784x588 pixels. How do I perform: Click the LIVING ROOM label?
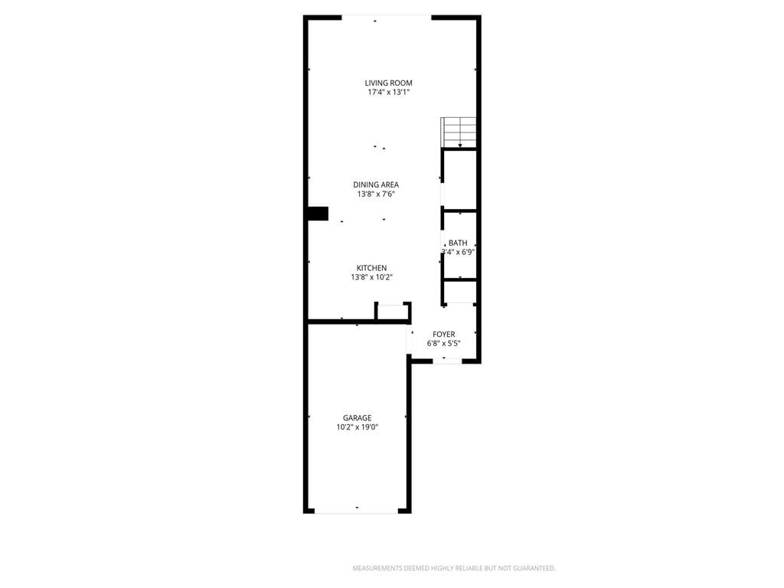388,83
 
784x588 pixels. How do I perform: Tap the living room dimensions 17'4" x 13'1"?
389,92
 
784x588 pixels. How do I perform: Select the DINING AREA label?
376,185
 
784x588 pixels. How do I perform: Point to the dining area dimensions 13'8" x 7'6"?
376,194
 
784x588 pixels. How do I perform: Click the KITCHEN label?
371,268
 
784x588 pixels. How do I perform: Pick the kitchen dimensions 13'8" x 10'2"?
371,277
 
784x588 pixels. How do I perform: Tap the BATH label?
458,243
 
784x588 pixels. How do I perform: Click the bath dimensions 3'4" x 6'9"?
458,252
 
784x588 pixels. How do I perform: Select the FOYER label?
444,335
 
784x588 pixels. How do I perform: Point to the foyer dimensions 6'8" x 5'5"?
443,344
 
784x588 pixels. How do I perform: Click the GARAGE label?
357,418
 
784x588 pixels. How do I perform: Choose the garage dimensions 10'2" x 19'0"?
357,427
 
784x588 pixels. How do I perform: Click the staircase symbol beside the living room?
459,132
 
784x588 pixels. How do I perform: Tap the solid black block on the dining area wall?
317,214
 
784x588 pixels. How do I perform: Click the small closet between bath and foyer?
460,292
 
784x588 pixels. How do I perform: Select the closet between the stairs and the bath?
460,180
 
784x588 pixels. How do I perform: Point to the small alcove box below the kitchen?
393,311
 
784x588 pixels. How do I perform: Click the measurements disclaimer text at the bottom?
454,568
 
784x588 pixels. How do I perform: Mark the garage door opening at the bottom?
356,511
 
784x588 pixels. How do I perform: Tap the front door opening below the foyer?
447,361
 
